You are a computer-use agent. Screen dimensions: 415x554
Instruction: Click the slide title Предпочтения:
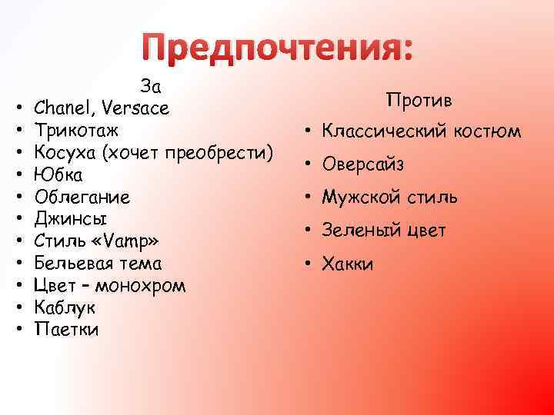pos(279,49)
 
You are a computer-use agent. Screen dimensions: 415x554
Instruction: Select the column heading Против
pos(419,101)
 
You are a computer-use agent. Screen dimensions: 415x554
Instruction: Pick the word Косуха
pos(67,153)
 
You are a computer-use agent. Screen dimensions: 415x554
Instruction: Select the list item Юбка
pos(58,175)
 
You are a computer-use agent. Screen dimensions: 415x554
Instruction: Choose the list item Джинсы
pos(71,219)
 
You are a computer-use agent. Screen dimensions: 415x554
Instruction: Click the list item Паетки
pos(67,330)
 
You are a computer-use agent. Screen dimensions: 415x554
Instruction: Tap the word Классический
pos(380,132)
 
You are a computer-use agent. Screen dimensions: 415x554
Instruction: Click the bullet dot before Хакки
pos(306,264)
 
